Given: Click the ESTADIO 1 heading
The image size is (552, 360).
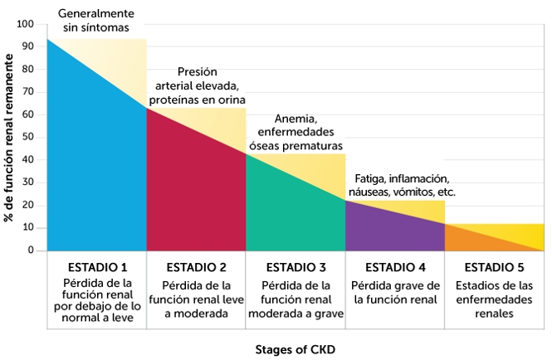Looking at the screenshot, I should click(x=96, y=267).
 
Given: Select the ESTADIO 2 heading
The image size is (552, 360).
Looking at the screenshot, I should click(x=196, y=267).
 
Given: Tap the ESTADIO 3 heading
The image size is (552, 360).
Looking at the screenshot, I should click(x=296, y=267).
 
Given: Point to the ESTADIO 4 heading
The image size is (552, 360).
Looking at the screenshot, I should click(x=395, y=267).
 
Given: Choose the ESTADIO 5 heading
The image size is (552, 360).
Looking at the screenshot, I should click(x=495, y=267).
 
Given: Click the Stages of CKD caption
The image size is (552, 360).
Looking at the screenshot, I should click(x=295, y=349).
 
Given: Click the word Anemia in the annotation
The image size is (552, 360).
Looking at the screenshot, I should click(x=295, y=118).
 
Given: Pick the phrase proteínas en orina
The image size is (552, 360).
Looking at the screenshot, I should click(x=196, y=100).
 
